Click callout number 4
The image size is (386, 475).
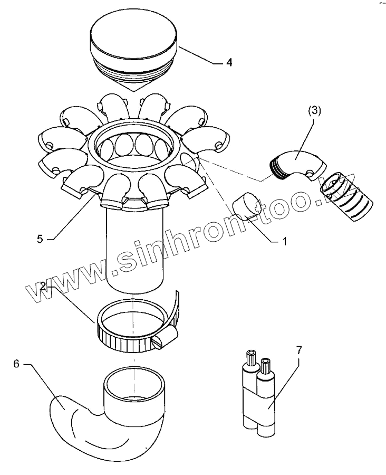click(229, 62)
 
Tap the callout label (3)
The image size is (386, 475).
click(314, 111)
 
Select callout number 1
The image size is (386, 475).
click(284, 241)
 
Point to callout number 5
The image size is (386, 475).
click(40, 239)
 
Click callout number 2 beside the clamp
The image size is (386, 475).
click(43, 286)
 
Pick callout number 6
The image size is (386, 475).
click(16, 364)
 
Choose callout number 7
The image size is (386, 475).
click(299, 350)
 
